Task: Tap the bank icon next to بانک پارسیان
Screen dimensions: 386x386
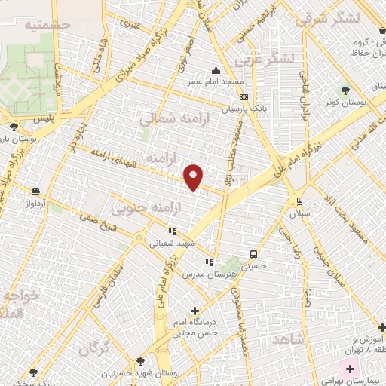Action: coord(243,96)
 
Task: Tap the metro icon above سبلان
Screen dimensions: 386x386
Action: coord(299,201)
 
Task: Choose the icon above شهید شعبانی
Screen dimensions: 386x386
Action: coord(171,232)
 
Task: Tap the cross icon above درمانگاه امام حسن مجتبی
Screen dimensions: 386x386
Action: coord(195,310)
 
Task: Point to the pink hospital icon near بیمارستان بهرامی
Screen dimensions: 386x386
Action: coord(348,370)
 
